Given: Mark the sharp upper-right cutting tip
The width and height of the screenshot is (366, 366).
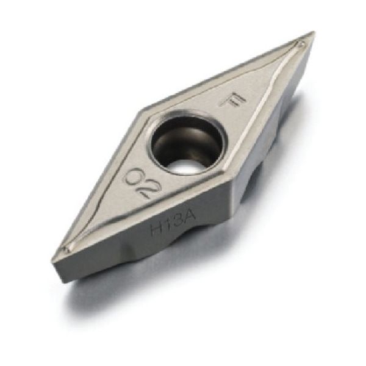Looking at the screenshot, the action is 314,32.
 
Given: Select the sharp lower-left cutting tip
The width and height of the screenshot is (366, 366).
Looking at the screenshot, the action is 52,260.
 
